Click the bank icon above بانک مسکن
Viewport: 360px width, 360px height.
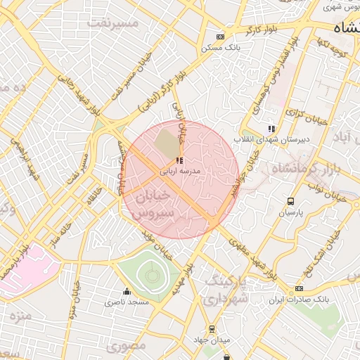click(x=221, y=37)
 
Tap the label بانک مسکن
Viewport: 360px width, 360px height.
click(x=219, y=47)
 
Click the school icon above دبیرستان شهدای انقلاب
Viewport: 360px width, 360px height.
click(x=271, y=129)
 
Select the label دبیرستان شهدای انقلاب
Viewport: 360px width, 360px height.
click(x=271, y=140)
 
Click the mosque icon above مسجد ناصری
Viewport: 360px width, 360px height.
click(x=127, y=292)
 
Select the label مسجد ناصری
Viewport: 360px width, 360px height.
click(x=127, y=302)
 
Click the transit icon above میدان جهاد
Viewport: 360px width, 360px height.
click(x=211, y=329)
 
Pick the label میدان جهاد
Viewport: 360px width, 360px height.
click(x=211, y=340)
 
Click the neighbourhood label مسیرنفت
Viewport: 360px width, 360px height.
click(x=112, y=24)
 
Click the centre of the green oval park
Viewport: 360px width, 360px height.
click(x=150, y=276)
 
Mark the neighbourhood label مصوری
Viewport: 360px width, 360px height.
click(x=127, y=347)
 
